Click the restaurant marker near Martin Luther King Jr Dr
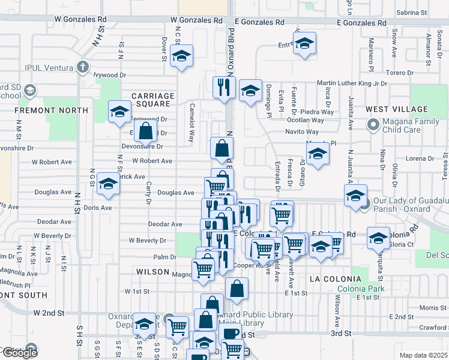[x=223, y=87]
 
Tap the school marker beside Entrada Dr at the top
[x=304, y=44]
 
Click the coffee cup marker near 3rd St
[x=230, y=334]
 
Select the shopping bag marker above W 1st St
[x=237, y=289]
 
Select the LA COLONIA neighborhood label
[x=336, y=279]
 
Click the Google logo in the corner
[x=19, y=352]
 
